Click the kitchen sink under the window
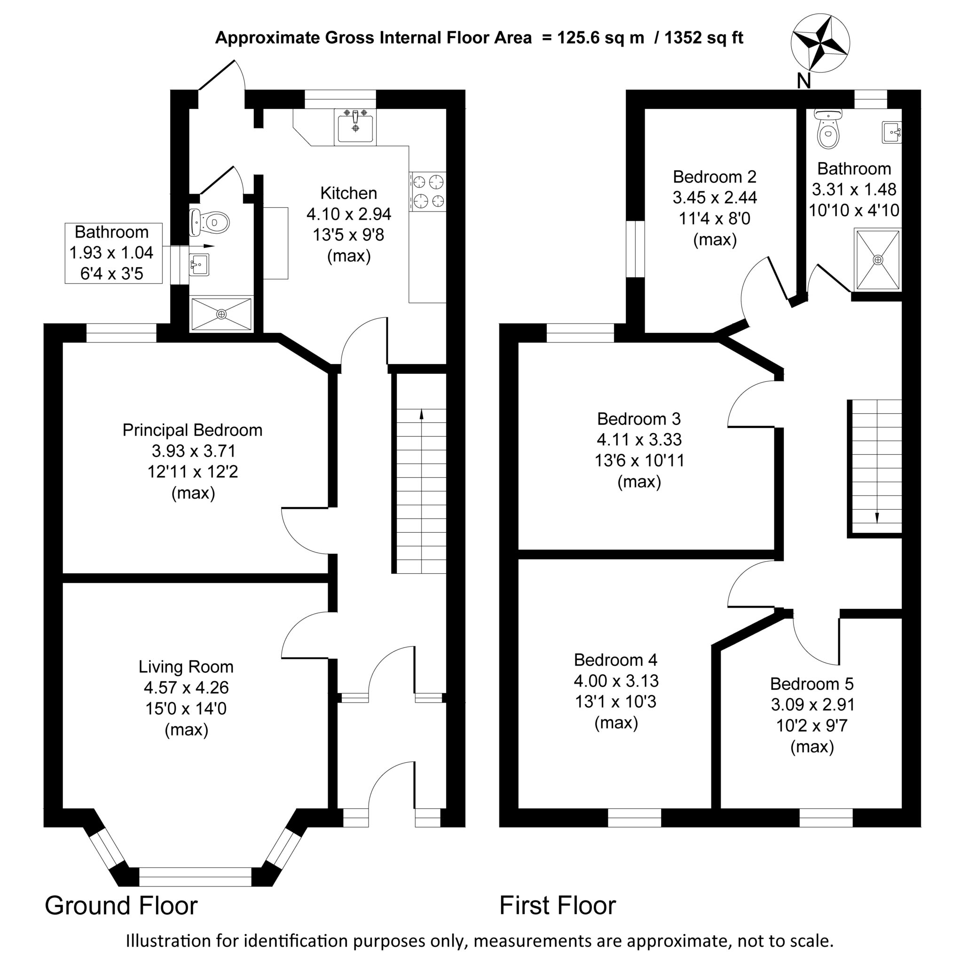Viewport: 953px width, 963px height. click(355, 126)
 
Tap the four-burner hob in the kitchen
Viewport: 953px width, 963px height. click(428, 191)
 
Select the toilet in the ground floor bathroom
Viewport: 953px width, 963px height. click(210, 222)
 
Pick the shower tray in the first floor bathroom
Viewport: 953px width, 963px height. click(877, 260)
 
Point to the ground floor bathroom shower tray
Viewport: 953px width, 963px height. click(221, 314)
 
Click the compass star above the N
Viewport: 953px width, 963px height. click(820, 43)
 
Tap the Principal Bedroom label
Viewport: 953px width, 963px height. click(192, 430)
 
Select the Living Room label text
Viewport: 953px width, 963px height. click(186, 666)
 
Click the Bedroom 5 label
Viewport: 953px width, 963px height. click(812, 683)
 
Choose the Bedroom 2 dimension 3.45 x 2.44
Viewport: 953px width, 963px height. click(715, 197)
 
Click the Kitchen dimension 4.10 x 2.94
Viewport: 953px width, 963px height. click(348, 214)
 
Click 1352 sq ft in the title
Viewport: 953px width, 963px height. click(704, 38)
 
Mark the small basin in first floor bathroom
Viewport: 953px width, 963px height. click(892, 132)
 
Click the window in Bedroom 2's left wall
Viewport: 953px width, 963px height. click(636, 249)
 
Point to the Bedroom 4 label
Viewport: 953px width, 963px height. click(615, 659)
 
